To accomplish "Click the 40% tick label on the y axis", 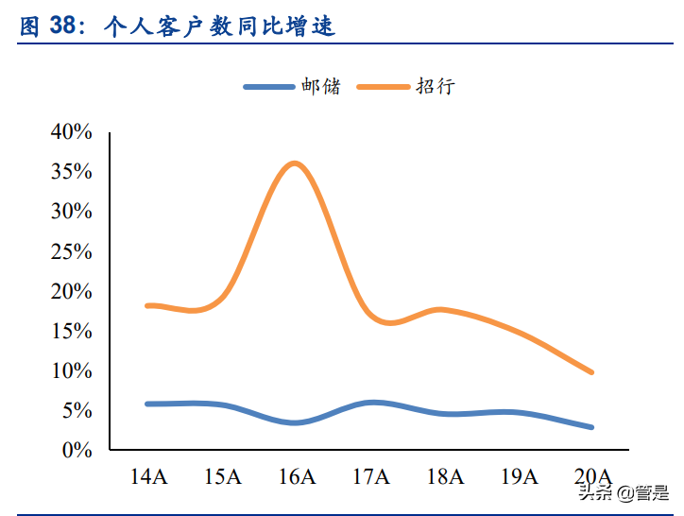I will coord(72,132).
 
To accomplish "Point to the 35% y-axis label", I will coord(72,172).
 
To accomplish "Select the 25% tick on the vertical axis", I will coord(72,251).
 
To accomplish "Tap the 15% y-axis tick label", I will coord(72,331).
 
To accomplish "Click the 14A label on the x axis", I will coord(147,476).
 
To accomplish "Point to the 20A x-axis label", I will coord(593,476).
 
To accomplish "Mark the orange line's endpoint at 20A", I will coord(592,372).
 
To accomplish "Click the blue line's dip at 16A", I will coord(296,422).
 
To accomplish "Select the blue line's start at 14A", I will coord(147,404).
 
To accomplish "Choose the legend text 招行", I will coord(436,86).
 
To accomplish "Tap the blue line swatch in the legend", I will coord(271,86).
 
